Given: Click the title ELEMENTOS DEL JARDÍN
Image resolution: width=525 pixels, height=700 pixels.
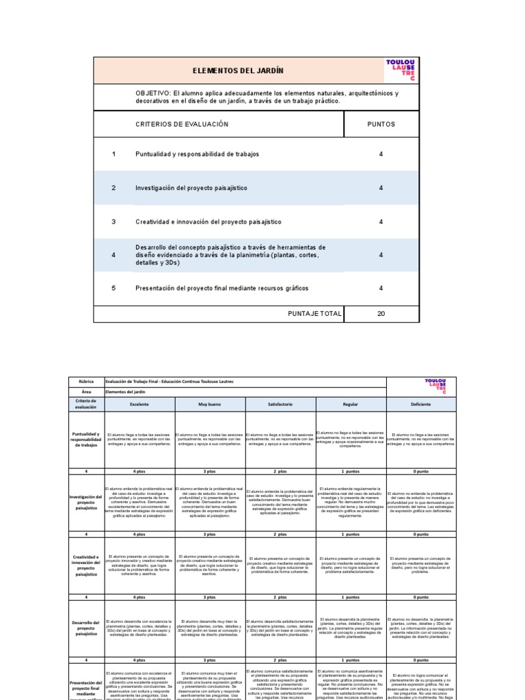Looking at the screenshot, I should tap(239, 71).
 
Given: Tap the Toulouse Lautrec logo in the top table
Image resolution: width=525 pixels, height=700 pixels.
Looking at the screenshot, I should tap(400, 70).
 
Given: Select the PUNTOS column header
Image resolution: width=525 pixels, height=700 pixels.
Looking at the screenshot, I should tap(381, 124).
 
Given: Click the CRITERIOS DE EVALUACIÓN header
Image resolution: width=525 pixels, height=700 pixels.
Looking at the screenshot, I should tap(182, 124).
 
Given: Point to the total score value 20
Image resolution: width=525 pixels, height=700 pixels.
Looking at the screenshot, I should tap(381, 314).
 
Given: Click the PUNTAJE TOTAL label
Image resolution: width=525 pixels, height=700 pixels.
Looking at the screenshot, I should tap(314, 314).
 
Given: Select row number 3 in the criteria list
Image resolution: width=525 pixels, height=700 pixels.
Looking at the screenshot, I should tap(114, 222).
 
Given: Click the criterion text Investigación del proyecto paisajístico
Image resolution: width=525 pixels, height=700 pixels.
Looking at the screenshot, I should tap(191, 188).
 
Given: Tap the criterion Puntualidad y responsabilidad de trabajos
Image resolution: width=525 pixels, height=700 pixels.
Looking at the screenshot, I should tap(197, 154).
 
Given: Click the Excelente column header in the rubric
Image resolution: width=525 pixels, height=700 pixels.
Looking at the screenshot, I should tap(139, 405).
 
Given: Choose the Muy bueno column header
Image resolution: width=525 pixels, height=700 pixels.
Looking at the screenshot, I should tap(209, 405).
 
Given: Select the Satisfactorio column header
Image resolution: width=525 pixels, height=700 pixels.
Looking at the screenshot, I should tap(280, 405).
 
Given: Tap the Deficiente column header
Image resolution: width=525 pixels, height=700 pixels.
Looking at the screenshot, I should tap(420, 405).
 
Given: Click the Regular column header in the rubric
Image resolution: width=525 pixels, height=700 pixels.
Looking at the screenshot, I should tap(351, 405).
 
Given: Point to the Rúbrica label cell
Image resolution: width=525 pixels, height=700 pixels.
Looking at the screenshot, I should tap(87, 382).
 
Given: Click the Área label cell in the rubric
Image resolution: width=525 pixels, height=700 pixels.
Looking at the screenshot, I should tap(87, 392).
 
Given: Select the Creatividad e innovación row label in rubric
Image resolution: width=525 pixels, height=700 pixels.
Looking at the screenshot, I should tap(87, 567).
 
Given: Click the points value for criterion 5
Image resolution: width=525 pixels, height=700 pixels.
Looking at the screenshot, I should tap(381, 288).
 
